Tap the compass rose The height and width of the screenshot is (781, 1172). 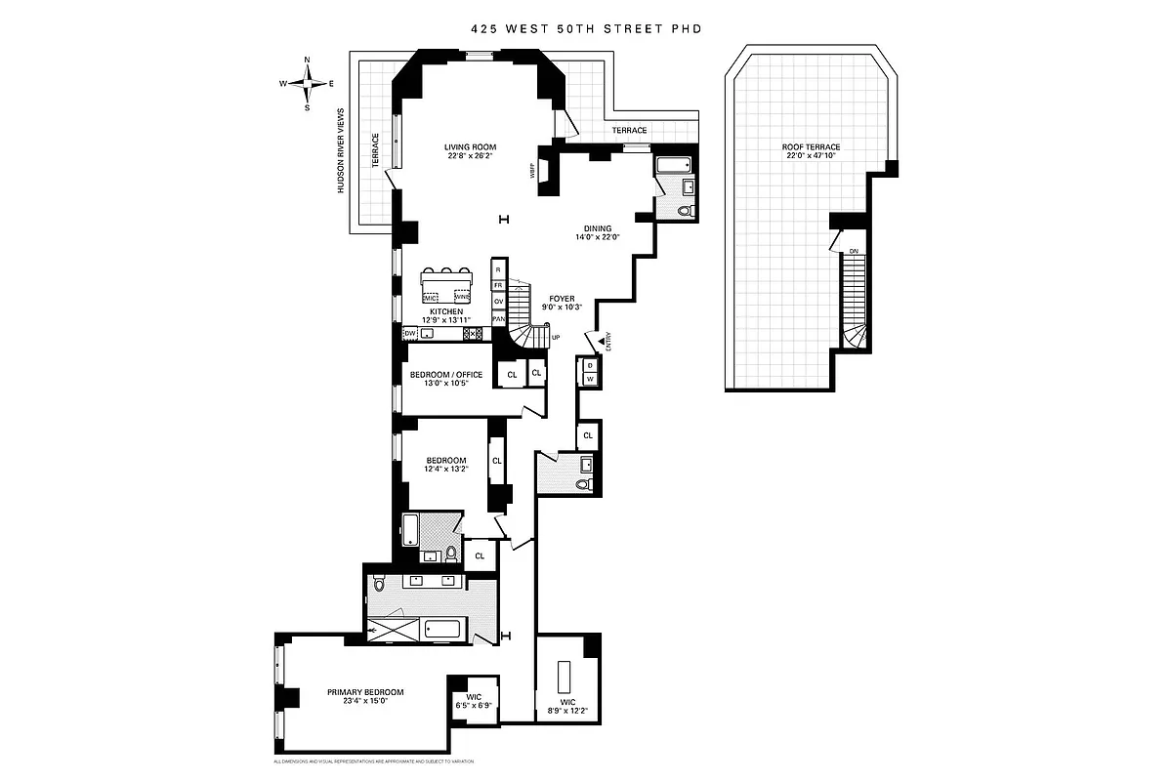coord(308,84)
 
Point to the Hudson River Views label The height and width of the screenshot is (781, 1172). coord(341,150)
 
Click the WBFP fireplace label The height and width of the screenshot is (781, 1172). coord(533,173)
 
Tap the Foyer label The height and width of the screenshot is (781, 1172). coord(561,298)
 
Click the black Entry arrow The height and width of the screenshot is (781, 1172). coord(601,339)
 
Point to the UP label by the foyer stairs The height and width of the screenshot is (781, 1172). coord(556,338)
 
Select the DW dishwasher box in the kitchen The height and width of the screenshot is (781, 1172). coord(410,333)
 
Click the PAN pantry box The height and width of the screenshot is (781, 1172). coord(498,318)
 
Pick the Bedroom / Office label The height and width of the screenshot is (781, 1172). coord(445,375)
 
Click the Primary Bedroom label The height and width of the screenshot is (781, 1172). coord(365,691)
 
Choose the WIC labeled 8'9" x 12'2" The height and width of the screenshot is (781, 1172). coord(567,706)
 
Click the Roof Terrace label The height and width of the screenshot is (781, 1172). coord(811,146)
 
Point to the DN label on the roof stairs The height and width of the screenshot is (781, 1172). coord(853,251)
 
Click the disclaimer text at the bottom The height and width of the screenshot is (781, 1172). coord(373,760)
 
